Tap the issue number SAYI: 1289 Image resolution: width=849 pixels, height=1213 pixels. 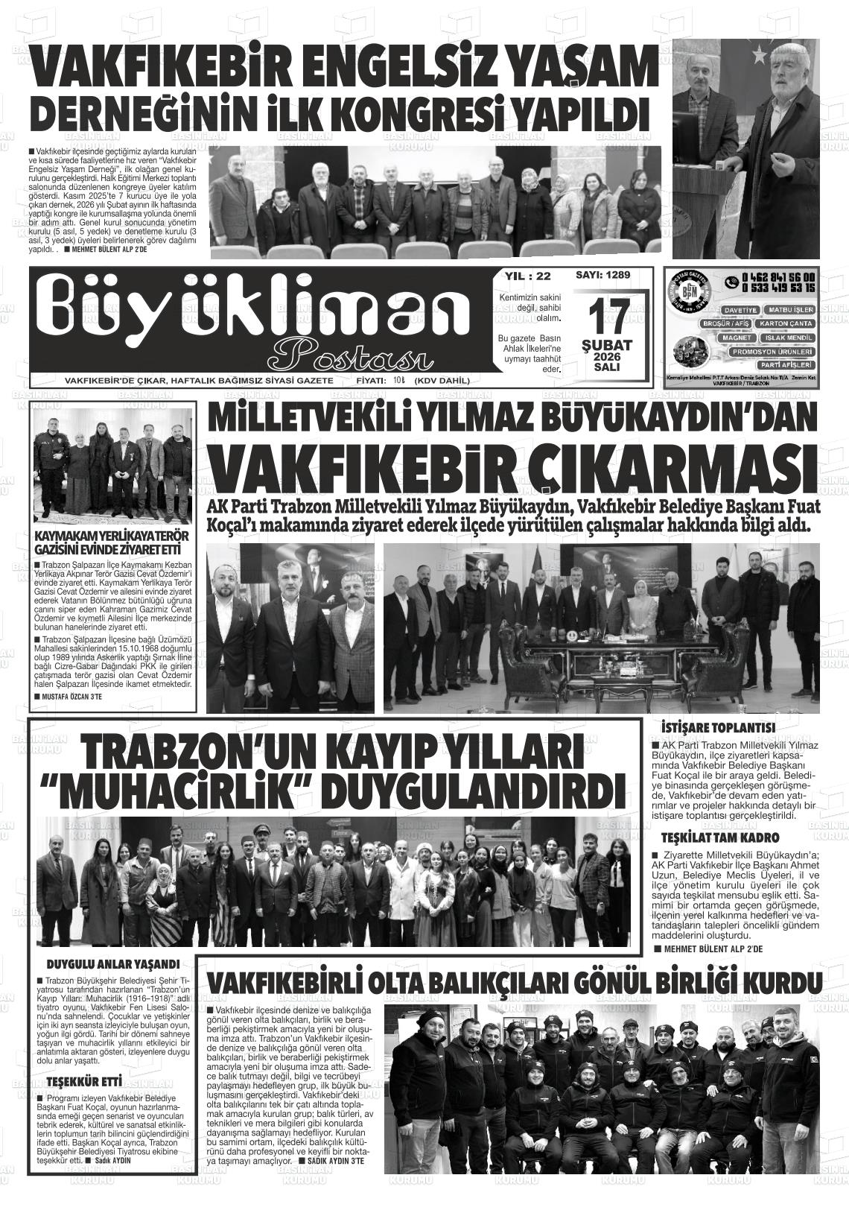(x=602, y=275)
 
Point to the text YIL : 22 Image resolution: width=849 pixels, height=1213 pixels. (x=527, y=276)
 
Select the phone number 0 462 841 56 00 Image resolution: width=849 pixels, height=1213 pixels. (x=778, y=278)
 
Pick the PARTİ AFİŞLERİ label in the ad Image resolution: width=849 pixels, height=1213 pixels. (x=786, y=365)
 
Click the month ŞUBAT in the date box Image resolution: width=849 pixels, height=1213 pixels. (x=607, y=346)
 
